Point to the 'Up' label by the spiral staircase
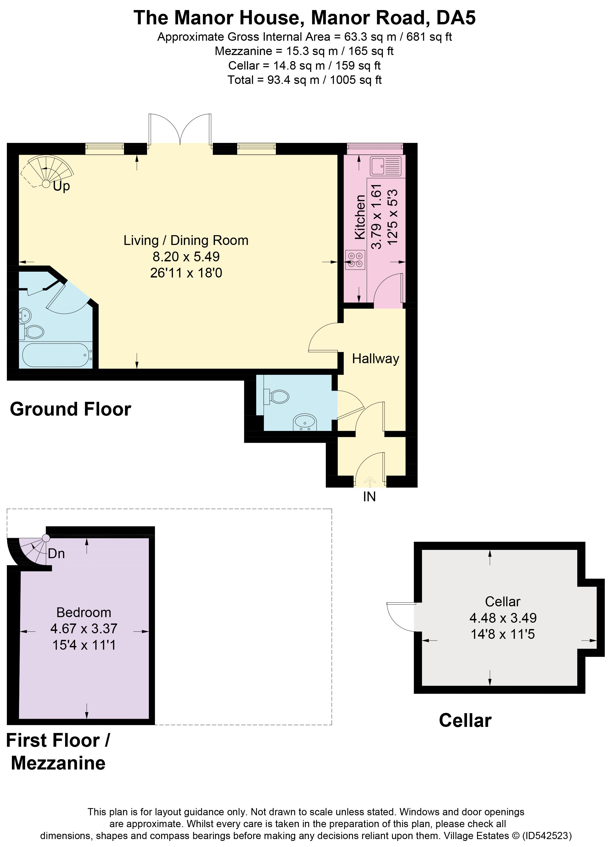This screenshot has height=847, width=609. coord(61,186)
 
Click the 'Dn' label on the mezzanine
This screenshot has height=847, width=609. coord(56,553)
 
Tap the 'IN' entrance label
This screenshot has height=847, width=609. coord(369,497)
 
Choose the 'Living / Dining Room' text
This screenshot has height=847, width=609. coord(186,240)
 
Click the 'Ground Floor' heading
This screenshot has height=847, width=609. coord(71,409)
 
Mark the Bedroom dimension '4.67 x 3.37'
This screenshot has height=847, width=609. coord(84,629)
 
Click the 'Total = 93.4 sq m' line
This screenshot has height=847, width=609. coord(305,80)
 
